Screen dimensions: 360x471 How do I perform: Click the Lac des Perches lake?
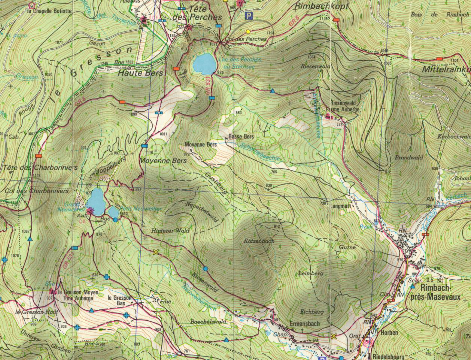204,64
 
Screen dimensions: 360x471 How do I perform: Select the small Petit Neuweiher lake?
113,212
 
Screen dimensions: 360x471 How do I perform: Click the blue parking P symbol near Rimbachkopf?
248,16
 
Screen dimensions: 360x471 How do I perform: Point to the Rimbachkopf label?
322,6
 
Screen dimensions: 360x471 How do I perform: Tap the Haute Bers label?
140,73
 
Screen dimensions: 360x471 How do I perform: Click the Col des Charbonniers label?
37,191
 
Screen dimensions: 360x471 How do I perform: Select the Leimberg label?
310,273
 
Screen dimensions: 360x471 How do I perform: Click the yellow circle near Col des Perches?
248,31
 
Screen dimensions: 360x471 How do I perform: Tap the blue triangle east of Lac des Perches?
273,91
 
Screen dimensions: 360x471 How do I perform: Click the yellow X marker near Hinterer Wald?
156,252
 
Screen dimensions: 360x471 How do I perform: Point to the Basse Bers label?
241,137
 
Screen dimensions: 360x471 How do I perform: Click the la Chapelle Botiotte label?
49,11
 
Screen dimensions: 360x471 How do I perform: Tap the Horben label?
389,333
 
